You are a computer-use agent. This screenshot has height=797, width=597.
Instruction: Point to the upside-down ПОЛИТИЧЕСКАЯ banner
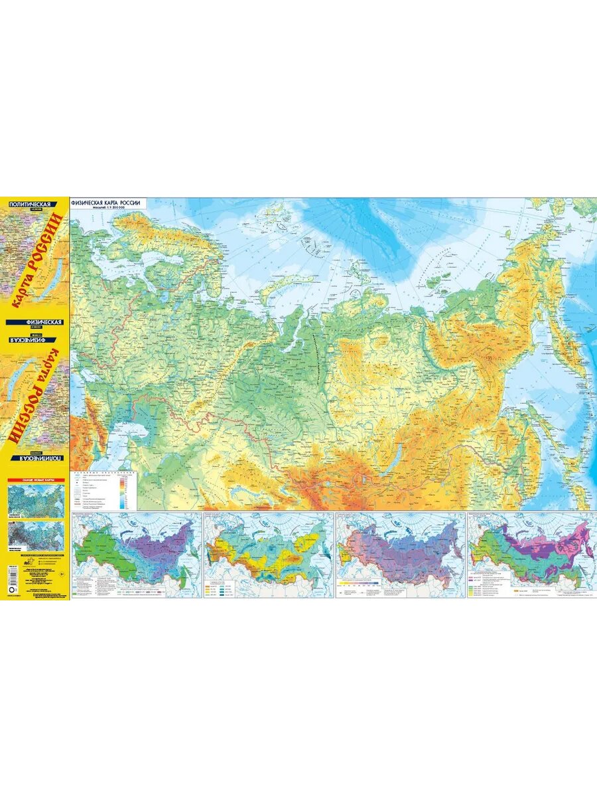36,459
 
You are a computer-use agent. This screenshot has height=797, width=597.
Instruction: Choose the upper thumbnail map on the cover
36,500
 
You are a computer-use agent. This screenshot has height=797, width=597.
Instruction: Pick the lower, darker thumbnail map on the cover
36,535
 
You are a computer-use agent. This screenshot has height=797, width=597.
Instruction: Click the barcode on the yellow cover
10,578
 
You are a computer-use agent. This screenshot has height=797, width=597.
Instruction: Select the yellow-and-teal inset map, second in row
268,555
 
